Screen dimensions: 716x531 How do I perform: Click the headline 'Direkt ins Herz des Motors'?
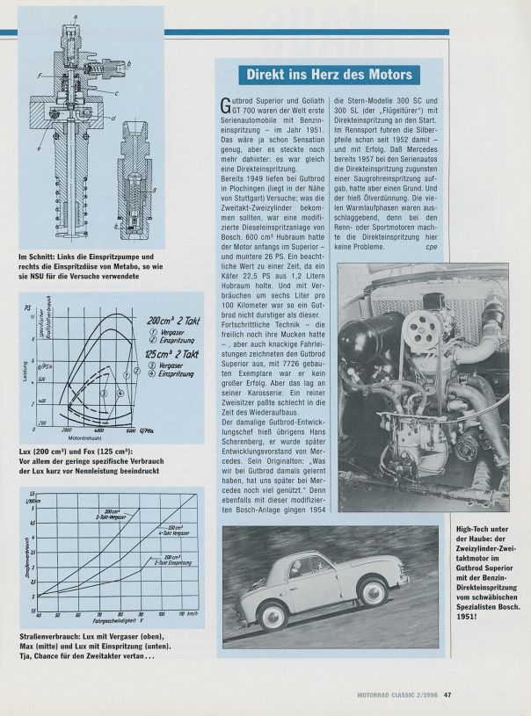point(326,75)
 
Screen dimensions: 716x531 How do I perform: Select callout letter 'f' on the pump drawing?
point(40,77)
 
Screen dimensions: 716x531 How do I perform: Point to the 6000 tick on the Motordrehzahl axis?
point(130,430)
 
